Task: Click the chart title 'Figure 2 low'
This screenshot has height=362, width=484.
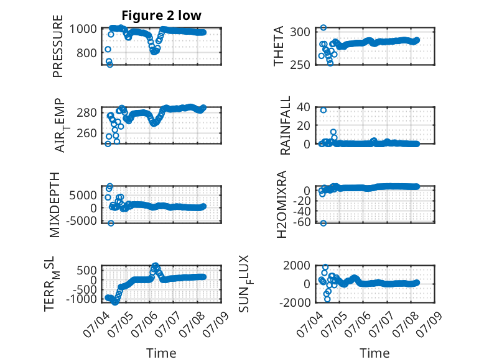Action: [161, 15]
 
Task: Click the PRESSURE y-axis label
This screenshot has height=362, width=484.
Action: [58, 46]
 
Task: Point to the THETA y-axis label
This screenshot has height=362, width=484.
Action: [279, 46]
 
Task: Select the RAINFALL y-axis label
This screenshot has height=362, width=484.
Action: [285, 125]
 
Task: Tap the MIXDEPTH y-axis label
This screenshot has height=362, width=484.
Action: [54, 204]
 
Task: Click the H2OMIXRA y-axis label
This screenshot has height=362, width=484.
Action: [282, 204]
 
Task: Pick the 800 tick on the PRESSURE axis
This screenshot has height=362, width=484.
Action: [86, 53]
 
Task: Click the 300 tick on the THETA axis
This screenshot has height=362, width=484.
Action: [300, 32]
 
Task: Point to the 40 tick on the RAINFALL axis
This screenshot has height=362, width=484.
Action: [304, 107]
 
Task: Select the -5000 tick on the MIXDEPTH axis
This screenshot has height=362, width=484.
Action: [81, 220]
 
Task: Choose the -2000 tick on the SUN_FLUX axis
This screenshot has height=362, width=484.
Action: [295, 302]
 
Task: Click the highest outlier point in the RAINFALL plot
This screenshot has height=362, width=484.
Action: [323, 111]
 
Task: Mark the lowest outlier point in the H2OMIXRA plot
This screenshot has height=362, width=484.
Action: [323, 223]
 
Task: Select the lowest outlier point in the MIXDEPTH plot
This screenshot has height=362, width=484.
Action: [111, 223]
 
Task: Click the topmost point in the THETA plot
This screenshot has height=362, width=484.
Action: [323, 28]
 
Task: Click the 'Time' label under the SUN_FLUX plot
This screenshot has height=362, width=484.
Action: [375, 353]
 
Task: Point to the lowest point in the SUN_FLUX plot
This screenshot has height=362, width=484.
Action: [327, 299]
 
